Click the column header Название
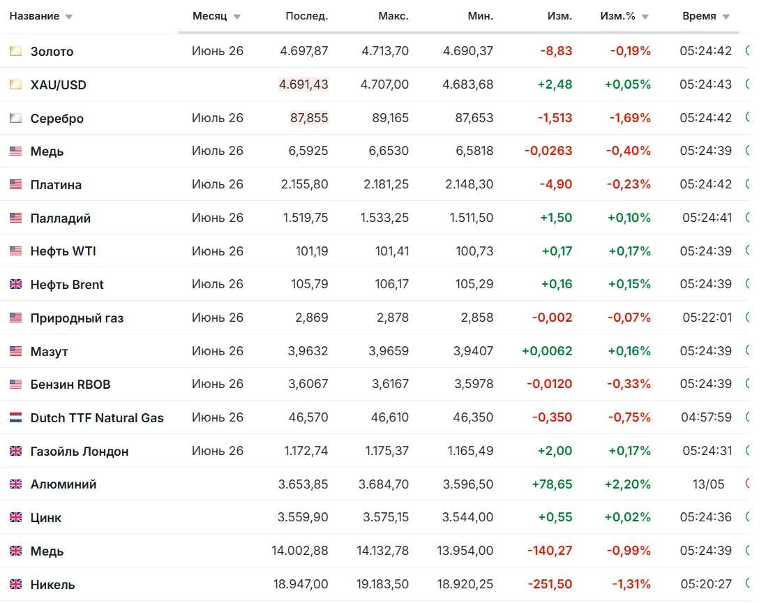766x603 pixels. click(34, 16)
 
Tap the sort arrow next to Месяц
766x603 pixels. click(237, 17)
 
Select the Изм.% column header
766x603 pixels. click(617, 16)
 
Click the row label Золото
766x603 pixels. click(52, 52)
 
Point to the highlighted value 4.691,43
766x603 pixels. click(303, 84)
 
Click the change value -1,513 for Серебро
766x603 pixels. click(555, 118)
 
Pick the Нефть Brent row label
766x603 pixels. click(67, 284)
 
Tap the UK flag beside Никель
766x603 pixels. click(15, 584)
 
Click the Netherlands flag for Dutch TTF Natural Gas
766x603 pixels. click(15, 417)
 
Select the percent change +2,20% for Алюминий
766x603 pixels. click(627, 484)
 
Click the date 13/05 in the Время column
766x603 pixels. click(708, 484)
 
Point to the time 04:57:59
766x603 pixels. click(707, 417)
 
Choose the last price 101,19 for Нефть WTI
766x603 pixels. click(312, 251)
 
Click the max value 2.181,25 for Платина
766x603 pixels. click(386, 184)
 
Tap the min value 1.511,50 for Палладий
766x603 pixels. click(472, 218)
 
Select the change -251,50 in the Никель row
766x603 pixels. click(550, 584)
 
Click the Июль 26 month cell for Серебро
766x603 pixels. click(218, 118)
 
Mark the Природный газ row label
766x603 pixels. click(77, 318)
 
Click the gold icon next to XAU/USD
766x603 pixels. click(15, 84)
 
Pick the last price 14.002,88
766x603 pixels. click(300, 551)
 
